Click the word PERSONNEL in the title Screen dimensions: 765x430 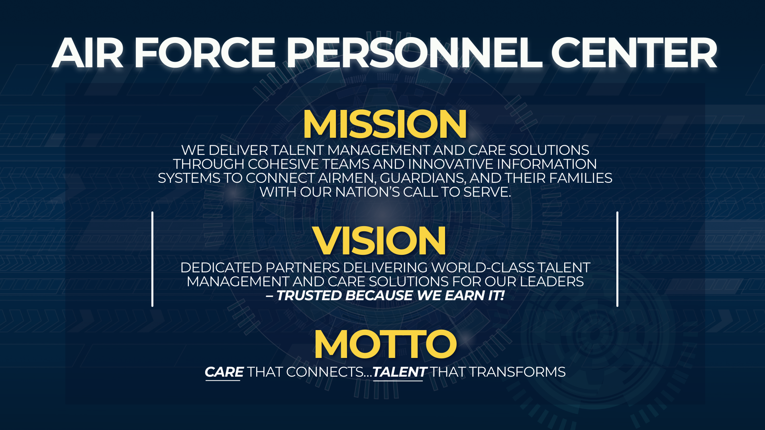(x=414, y=53)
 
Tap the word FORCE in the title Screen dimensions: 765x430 (x=204, y=53)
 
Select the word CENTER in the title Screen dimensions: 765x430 (x=634, y=53)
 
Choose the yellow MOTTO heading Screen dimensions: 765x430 (x=385, y=344)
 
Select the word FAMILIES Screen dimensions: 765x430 (x=581, y=178)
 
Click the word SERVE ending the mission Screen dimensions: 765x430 (x=486, y=192)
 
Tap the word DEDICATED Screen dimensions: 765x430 (x=221, y=268)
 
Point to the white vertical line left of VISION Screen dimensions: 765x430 (x=152, y=259)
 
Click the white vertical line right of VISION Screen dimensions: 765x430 (x=617, y=259)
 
